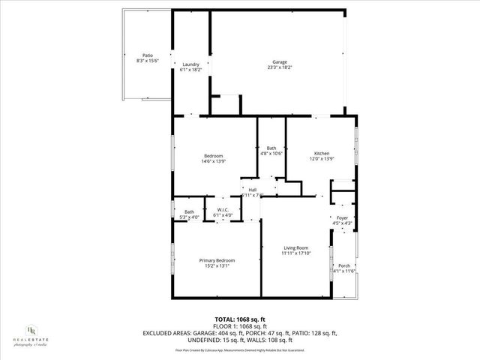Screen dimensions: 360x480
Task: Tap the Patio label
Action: (x=148, y=56)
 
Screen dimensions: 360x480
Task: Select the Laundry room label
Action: (x=191, y=64)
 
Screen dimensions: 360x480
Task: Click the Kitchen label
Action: (x=322, y=153)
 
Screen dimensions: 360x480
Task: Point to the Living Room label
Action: (x=295, y=247)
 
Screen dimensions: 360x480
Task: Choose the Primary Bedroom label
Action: (x=212, y=260)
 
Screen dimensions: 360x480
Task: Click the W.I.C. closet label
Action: (x=223, y=210)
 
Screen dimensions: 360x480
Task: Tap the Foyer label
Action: (x=341, y=217)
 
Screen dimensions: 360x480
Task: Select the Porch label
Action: (x=344, y=265)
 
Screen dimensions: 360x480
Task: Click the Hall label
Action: (x=253, y=190)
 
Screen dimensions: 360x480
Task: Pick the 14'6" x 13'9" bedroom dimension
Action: (x=213, y=161)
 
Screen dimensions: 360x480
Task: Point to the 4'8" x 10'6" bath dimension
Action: (x=271, y=154)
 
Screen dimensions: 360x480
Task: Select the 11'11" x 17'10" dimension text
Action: (x=295, y=253)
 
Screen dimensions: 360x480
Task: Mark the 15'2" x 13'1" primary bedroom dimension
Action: (x=212, y=265)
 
